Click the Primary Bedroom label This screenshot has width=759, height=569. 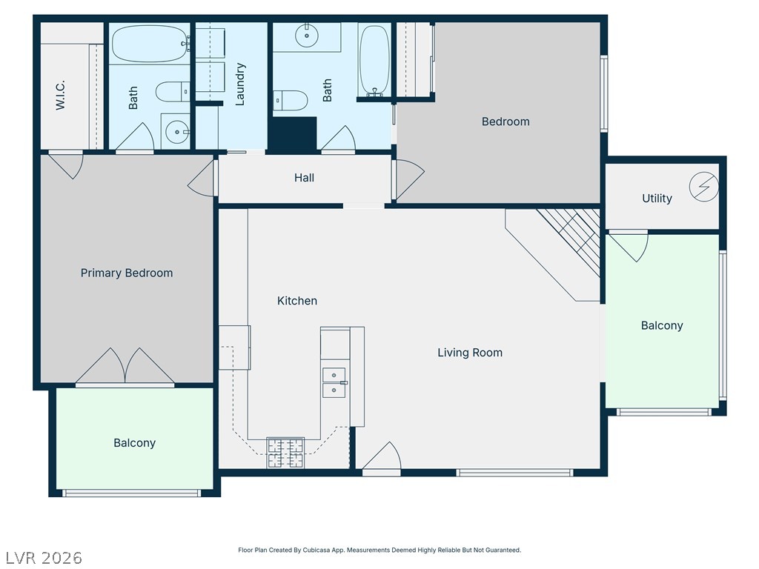coord(126,273)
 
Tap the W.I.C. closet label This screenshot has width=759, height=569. coord(60,96)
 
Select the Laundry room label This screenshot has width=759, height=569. coord(239,84)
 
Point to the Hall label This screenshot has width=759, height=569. coord(304,178)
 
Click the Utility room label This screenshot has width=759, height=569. coord(657,199)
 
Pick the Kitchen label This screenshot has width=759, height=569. coord(297,301)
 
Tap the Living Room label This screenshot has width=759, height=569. coord(470,353)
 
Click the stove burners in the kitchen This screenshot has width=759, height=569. coord(285,453)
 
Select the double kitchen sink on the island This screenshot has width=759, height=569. coord(334,382)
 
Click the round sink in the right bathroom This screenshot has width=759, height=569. coord(306,36)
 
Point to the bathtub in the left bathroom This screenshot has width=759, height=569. coord(150,44)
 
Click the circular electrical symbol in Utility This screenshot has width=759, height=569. coord(704,186)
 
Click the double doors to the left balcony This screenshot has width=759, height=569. coord(125,367)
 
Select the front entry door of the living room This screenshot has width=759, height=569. coord(382,456)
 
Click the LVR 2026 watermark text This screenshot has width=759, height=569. coord(44,558)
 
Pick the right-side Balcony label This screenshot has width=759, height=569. coord(662,326)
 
